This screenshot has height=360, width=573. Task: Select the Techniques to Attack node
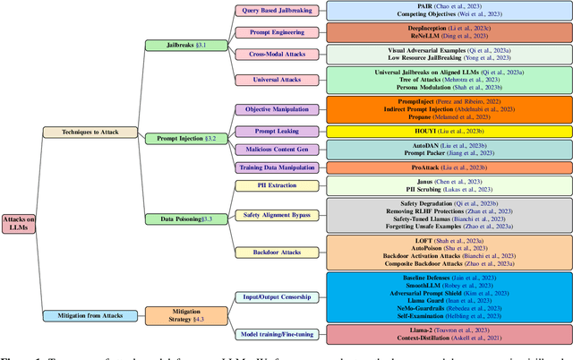(x=90, y=132)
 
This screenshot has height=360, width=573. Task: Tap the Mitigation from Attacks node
(x=90, y=314)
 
